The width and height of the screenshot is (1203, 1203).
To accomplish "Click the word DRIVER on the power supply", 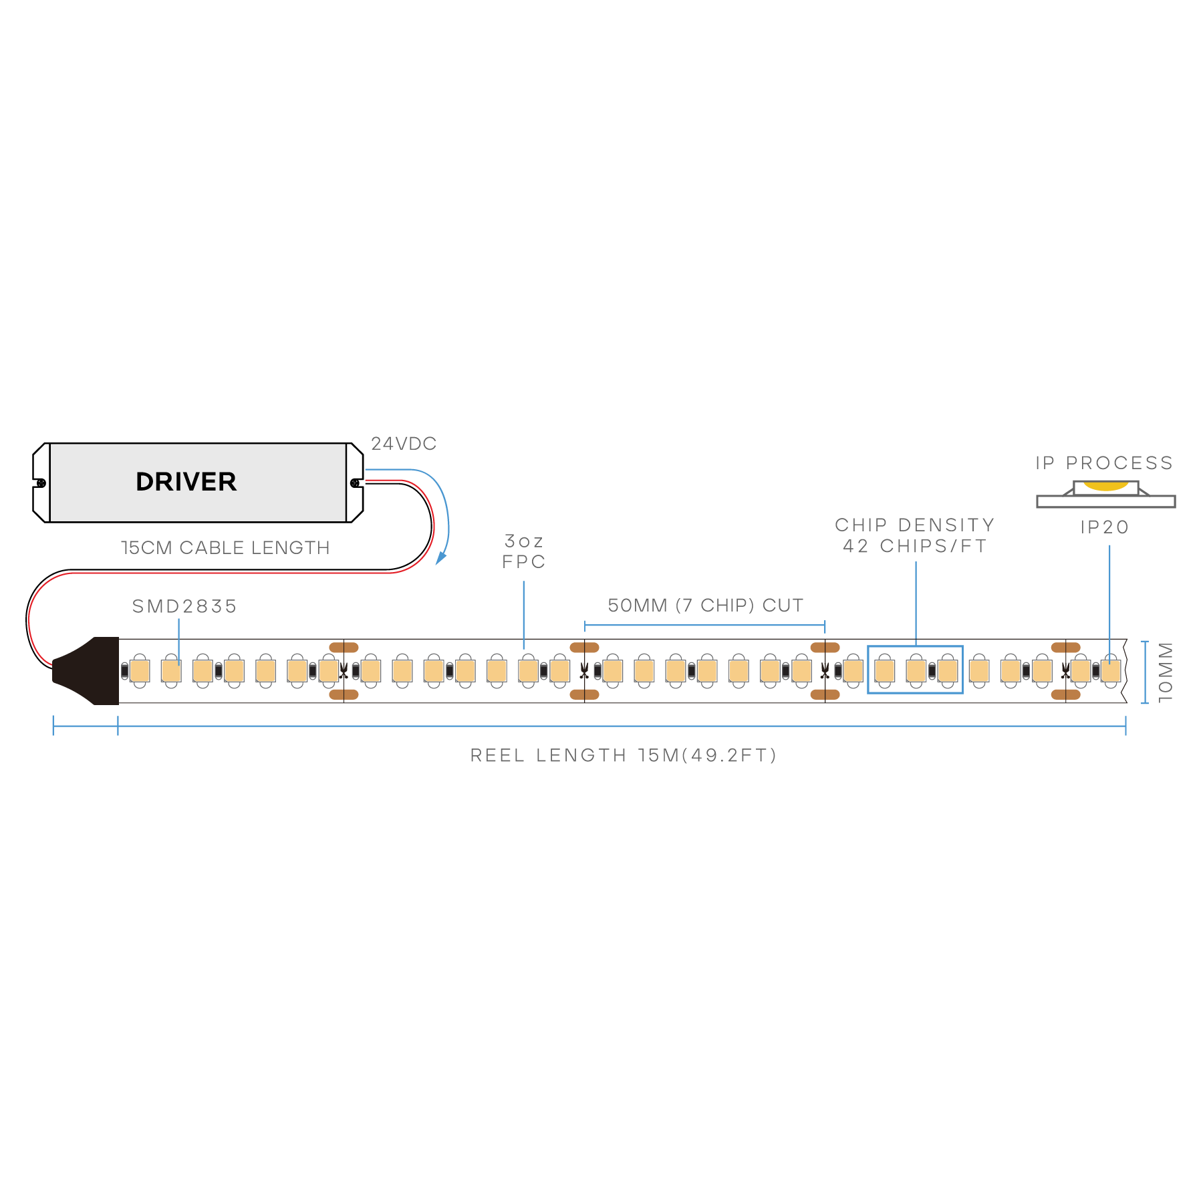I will click(186, 482).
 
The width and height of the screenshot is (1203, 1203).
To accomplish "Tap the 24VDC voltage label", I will click(404, 444).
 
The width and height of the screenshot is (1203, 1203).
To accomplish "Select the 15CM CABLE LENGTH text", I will click(225, 548).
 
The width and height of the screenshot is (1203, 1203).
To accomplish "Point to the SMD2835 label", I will click(184, 606).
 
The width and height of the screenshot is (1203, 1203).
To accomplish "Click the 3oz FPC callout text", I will click(524, 551).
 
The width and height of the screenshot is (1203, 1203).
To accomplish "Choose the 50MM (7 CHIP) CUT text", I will click(705, 606).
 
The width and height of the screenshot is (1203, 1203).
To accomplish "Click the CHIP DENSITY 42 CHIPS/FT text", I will click(915, 536).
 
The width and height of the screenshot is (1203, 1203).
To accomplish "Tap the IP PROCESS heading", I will click(1104, 463).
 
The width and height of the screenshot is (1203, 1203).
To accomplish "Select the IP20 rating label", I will click(1105, 527).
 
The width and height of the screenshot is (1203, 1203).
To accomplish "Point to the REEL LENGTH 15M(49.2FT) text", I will click(623, 755).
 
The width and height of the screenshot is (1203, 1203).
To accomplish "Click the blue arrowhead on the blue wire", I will click(440, 559).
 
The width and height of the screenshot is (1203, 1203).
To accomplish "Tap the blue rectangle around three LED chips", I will click(915, 647).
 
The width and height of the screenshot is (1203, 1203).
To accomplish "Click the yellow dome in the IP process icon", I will click(1105, 486).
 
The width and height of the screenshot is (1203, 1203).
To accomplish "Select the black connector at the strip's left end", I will click(87, 671).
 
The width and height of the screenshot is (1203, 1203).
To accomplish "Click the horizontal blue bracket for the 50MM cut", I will click(705, 626).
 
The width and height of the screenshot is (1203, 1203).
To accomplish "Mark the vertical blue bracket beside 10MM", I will click(1145, 672).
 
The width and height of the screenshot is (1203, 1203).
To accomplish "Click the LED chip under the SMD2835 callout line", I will click(172, 670).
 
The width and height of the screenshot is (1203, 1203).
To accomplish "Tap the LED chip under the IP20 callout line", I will click(1111, 670).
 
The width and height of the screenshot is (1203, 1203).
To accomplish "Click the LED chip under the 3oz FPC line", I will click(528, 670).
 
